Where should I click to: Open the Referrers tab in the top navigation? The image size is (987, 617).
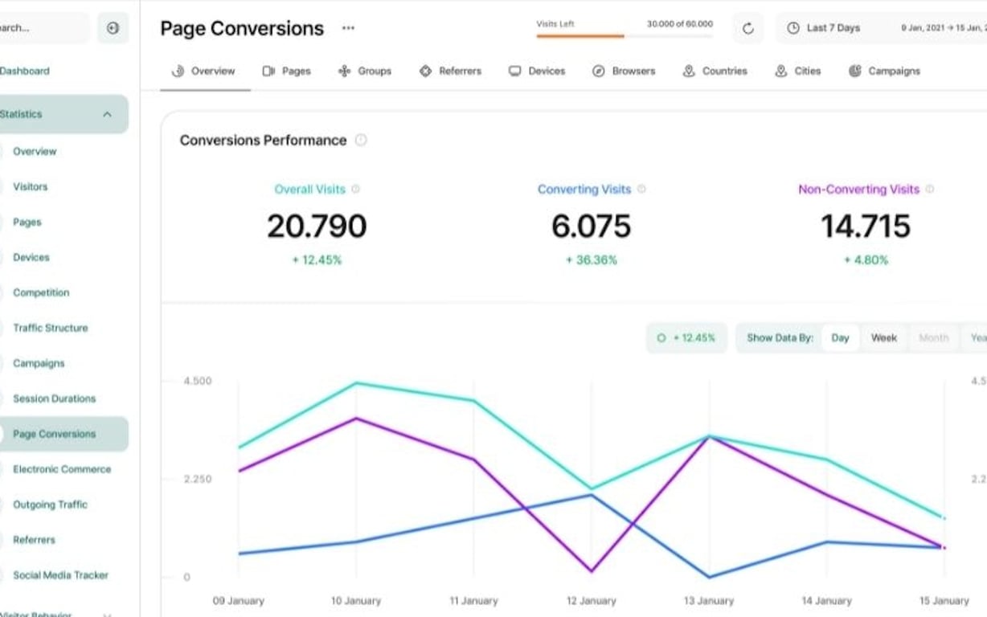click(x=450, y=71)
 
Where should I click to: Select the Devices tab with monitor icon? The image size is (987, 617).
click(x=537, y=71)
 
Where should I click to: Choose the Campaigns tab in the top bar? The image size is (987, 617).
click(x=884, y=71)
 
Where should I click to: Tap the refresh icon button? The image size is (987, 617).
click(x=747, y=28)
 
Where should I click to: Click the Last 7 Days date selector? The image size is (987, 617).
click(x=824, y=28)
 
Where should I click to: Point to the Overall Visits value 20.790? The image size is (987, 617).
click(x=317, y=227)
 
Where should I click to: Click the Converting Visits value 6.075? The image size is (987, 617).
click(x=591, y=227)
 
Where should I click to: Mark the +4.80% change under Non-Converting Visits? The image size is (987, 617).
click(x=866, y=260)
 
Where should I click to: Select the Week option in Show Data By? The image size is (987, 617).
click(x=883, y=338)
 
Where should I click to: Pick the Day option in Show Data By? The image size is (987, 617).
click(x=840, y=338)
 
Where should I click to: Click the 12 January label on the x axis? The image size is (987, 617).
click(x=591, y=601)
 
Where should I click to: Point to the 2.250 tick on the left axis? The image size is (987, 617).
click(x=198, y=480)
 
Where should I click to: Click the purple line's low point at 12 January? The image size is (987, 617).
click(x=592, y=571)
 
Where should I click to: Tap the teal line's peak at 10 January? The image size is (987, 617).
click(x=356, y=383)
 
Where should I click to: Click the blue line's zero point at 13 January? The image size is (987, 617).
click(x=709, y=577)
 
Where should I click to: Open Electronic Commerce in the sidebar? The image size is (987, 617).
click(x=62, y=469)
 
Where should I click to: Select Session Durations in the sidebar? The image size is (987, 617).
click(x=54, y=398)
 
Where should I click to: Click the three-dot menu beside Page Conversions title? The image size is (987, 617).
click(x=348, y=28)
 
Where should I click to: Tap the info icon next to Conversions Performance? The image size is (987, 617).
click(x=361, y=141)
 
